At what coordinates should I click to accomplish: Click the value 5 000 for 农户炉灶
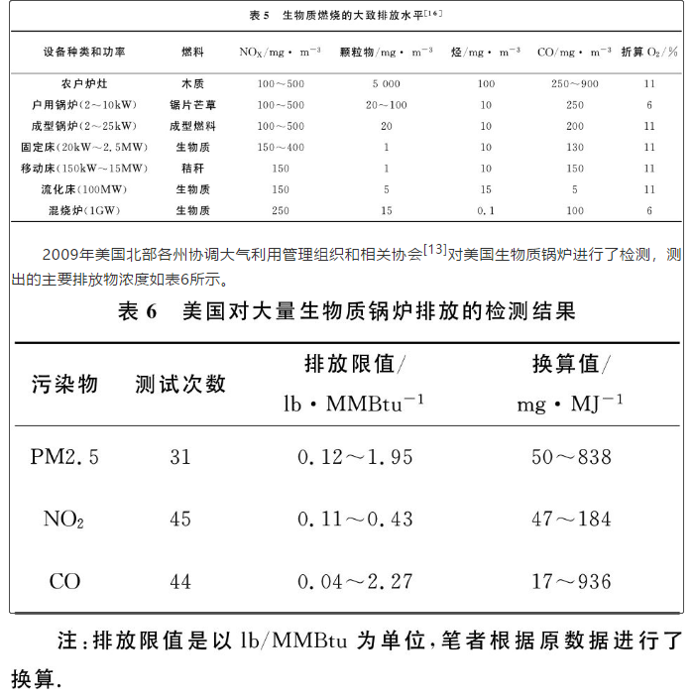point(386,84)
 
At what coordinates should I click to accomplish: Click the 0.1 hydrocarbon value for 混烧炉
point(485,210)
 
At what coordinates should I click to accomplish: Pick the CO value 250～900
point(574,84)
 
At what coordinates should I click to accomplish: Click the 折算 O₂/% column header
point(649,51)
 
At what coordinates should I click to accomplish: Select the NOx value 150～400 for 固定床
point(280,147)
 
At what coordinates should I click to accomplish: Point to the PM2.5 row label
point(64,457)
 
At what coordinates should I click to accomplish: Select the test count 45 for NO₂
point(179,519)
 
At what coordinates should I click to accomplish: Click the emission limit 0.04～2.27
point(355,582)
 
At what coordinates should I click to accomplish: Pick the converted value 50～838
point(571,457)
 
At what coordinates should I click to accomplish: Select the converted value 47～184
point(571,519)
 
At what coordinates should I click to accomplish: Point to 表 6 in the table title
point(138,311)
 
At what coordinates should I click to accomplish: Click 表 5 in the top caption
point(259,15)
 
